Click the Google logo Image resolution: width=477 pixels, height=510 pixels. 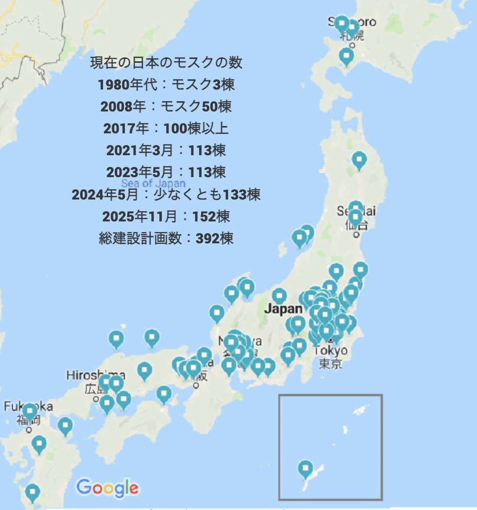click(x=107, y=487)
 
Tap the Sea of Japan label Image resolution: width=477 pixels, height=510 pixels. click(x=153, y=183)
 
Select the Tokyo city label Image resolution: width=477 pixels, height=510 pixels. click(x=330, y=350)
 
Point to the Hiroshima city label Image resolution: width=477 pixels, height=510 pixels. click(x=96, y=375)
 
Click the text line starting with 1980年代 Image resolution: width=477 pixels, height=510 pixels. click(x=166, y=85)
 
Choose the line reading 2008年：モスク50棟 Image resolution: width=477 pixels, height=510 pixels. click(x=166, y=106)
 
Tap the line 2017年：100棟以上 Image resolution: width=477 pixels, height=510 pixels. click(x=166, y=128)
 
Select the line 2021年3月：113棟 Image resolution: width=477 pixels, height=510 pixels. click(x=166, y=150)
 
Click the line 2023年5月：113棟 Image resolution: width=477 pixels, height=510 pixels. click(x=166, y=172)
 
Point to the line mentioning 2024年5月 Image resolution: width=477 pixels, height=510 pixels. click(x=166, y=195)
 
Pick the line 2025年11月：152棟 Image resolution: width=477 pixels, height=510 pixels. click(x=166, y=216)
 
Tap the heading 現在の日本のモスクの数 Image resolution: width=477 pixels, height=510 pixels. click(x=166, y=63)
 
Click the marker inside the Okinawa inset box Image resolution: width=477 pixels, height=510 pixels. click(x=305, y=469)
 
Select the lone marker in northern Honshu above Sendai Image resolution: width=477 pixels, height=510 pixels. click(x=359, y=160)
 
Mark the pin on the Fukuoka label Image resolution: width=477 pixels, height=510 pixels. click(x=30, y=412)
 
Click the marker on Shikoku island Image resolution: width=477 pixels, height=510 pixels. click(x=164, y=394)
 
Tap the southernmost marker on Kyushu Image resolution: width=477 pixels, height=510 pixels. click(x=33, y=492)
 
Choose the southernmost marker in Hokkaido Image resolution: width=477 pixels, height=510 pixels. click(x=346, y=56)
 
